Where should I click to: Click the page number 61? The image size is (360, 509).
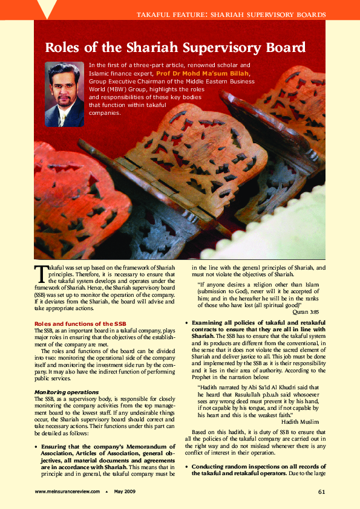[x=322, y=491]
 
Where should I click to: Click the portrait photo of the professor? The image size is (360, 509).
[x=65, y=94]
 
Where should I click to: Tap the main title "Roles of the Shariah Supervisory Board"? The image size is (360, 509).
[x=175, y=48]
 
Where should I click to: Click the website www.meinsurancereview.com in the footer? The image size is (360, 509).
[x=67, y=491]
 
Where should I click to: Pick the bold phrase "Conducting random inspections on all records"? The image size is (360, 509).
[x=258, y=467]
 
